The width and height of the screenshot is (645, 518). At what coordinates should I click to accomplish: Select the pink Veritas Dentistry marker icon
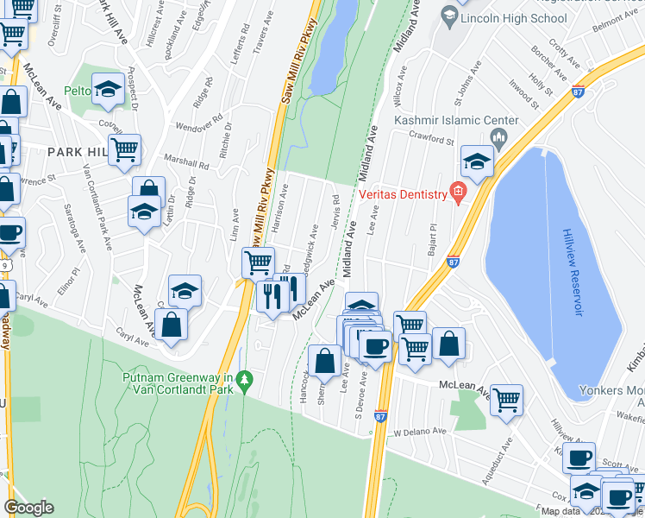click(x=459, y=193)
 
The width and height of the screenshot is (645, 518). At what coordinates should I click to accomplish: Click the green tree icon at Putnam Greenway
click(x=246, y=378)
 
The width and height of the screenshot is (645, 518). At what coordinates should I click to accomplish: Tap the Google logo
click(x=28, y=507)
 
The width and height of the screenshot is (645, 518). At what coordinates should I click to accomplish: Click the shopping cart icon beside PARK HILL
click(x=125, y=149)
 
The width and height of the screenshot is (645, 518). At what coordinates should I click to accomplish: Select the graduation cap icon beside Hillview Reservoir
click(x=477, y=161)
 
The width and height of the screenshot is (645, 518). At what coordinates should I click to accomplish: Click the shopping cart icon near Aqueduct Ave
click(x=506, y=399)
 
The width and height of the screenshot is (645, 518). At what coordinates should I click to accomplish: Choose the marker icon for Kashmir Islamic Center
click(x=498, y=138)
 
